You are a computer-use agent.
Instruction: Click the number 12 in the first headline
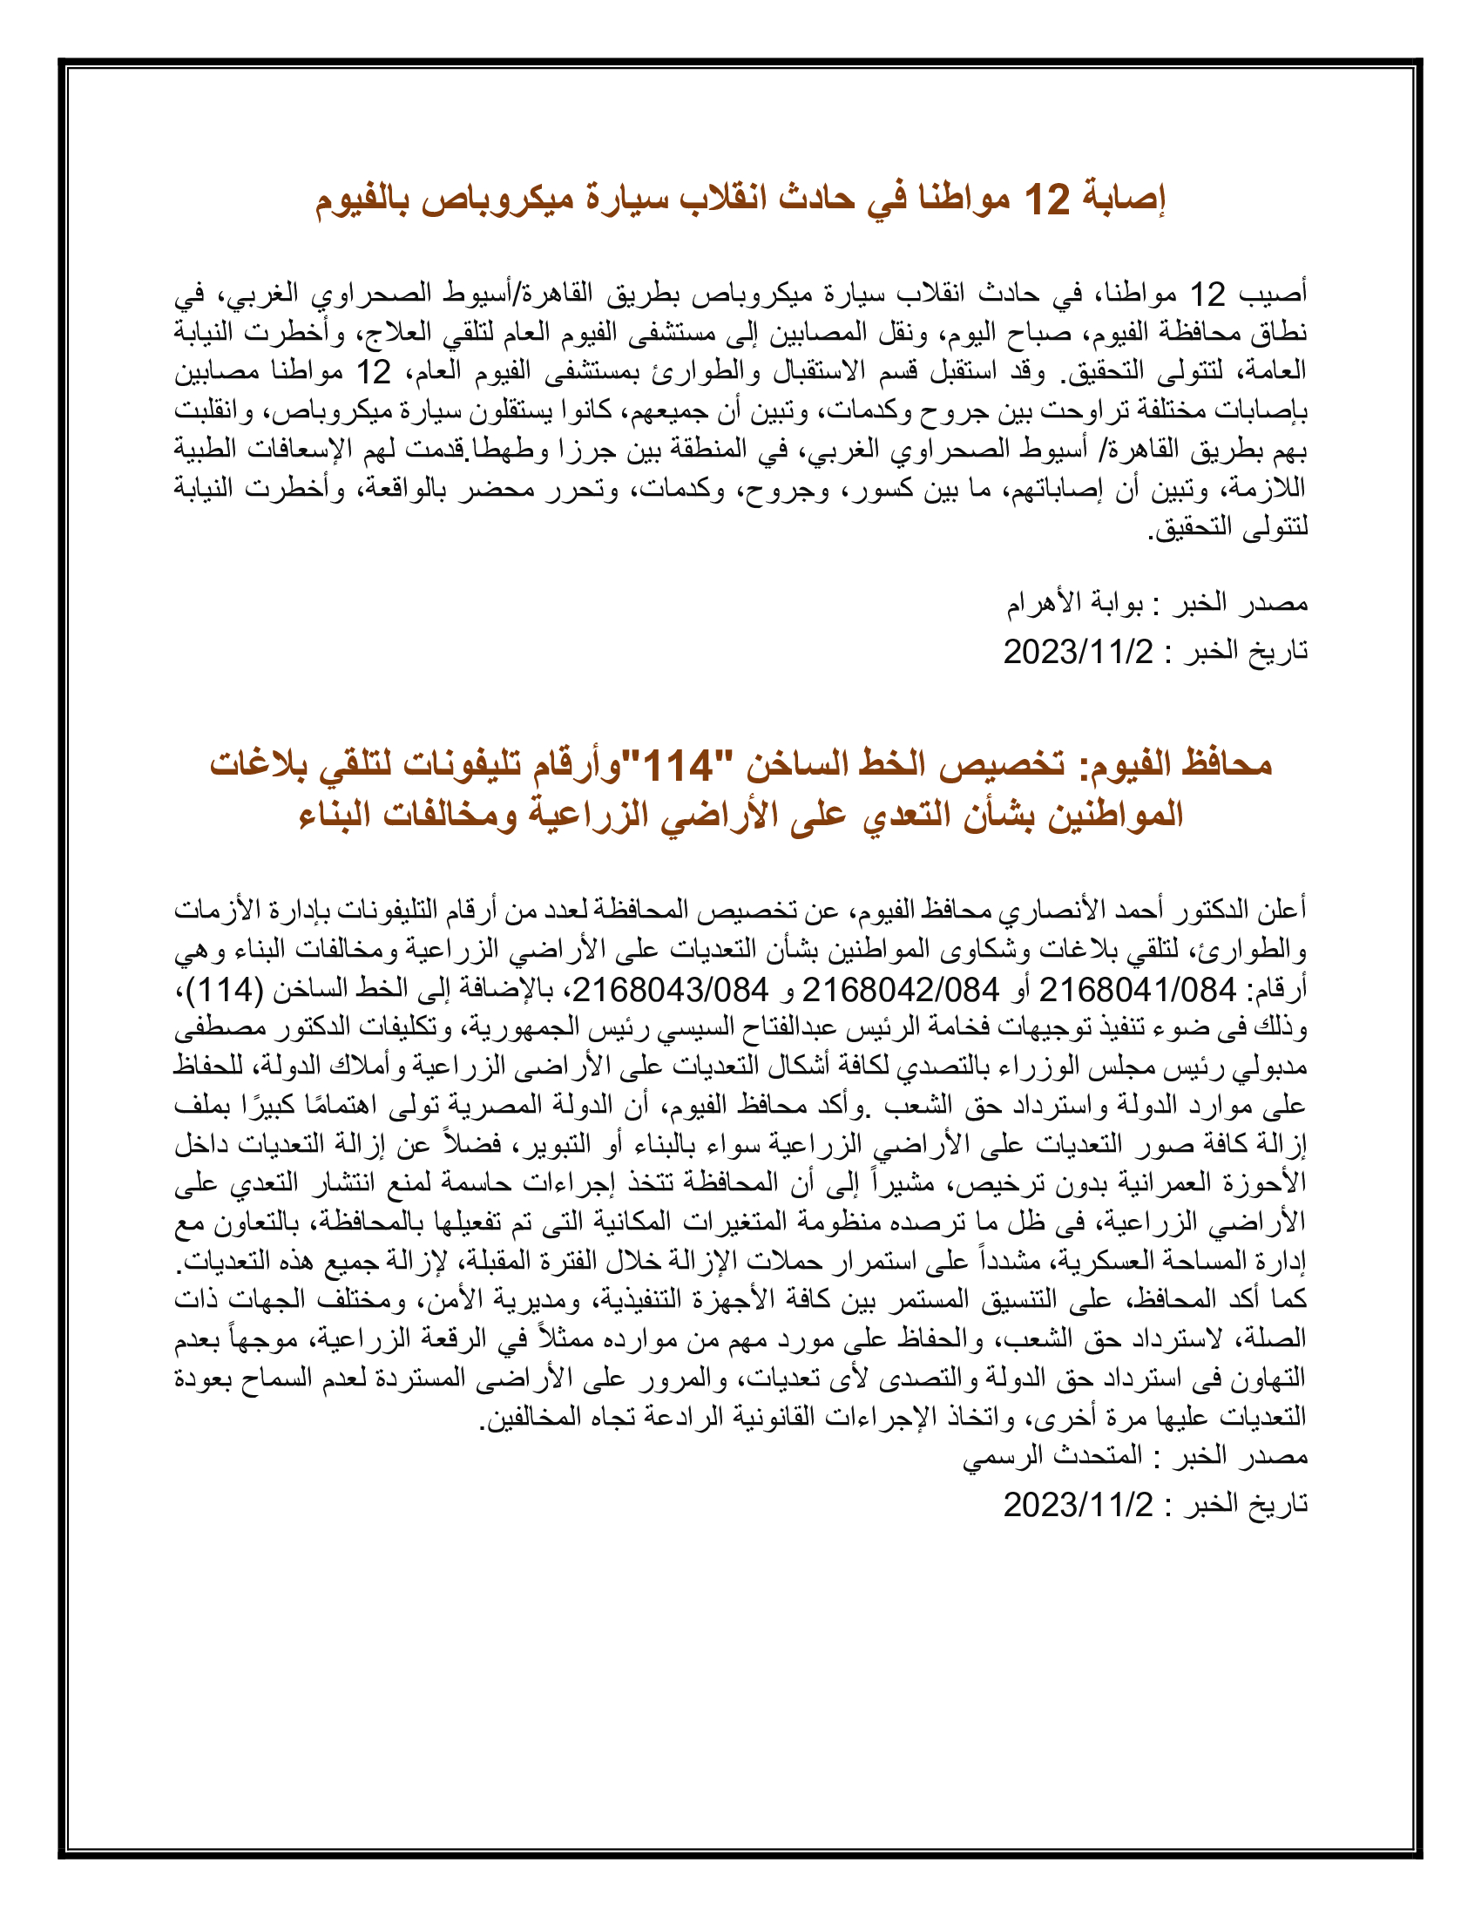1047,201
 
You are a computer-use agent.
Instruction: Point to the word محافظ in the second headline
1227,766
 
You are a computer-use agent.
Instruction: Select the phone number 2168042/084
900,991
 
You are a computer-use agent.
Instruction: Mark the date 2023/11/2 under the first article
1079,651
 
